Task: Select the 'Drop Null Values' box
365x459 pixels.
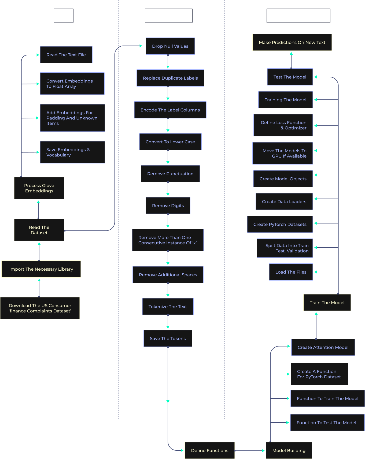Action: pyautogui.click(x=170, y=46)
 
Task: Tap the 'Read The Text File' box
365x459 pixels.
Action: pyautogui.click(x=66, y=55)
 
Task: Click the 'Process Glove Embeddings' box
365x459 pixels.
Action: pyautogui.click(x=39, y=188)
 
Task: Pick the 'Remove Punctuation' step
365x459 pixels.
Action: pyautogui.click(x=170, y=174)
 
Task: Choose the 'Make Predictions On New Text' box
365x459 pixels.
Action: pyautogui.click(x=292, y=42)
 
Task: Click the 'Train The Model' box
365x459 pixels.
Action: pyautogui.click(x=327, y=303)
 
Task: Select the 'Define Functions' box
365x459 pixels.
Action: pyautogui.click(x=209, y=450)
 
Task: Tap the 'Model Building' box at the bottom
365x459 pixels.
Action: pyautogui.click(x=289, y=450)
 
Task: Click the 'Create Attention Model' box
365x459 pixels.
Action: pyautogui.click(x=323, y=347)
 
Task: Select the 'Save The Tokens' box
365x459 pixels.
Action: pyautogui.click(x=168, y=338)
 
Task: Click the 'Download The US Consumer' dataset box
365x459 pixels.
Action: pyautogui.click(x=40, y=308)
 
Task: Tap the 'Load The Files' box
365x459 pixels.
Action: pyautogui.click(x=291, y=272)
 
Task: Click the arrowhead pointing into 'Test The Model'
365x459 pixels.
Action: pyautogui.click(x=316, y=77)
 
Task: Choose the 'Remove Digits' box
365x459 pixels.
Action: pyautogui.click(x=168, y=206)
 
